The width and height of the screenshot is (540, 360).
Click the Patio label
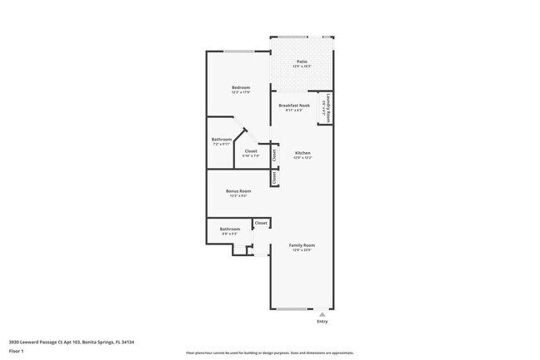point(302,61)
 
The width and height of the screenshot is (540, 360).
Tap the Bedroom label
point(241,87)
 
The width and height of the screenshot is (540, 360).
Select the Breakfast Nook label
point(294,106)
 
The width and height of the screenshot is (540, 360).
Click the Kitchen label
point(302,153)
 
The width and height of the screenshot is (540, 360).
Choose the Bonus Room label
point(238,190)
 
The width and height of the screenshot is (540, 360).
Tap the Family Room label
point(302,245)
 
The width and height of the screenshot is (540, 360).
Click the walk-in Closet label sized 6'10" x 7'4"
point(251,151)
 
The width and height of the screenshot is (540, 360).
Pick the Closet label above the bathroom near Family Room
point(261,223)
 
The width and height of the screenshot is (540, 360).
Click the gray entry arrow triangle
point(322,314)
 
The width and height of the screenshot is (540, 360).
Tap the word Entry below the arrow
point(322,322)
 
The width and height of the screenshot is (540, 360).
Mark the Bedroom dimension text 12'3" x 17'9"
point(241,92)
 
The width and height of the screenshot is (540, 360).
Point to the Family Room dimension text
point(302,250)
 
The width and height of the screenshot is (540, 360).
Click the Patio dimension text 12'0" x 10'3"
point(302,66)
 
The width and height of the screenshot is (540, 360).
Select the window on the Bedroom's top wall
point(239,52)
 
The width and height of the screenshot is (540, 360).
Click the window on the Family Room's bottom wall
point(292,309)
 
